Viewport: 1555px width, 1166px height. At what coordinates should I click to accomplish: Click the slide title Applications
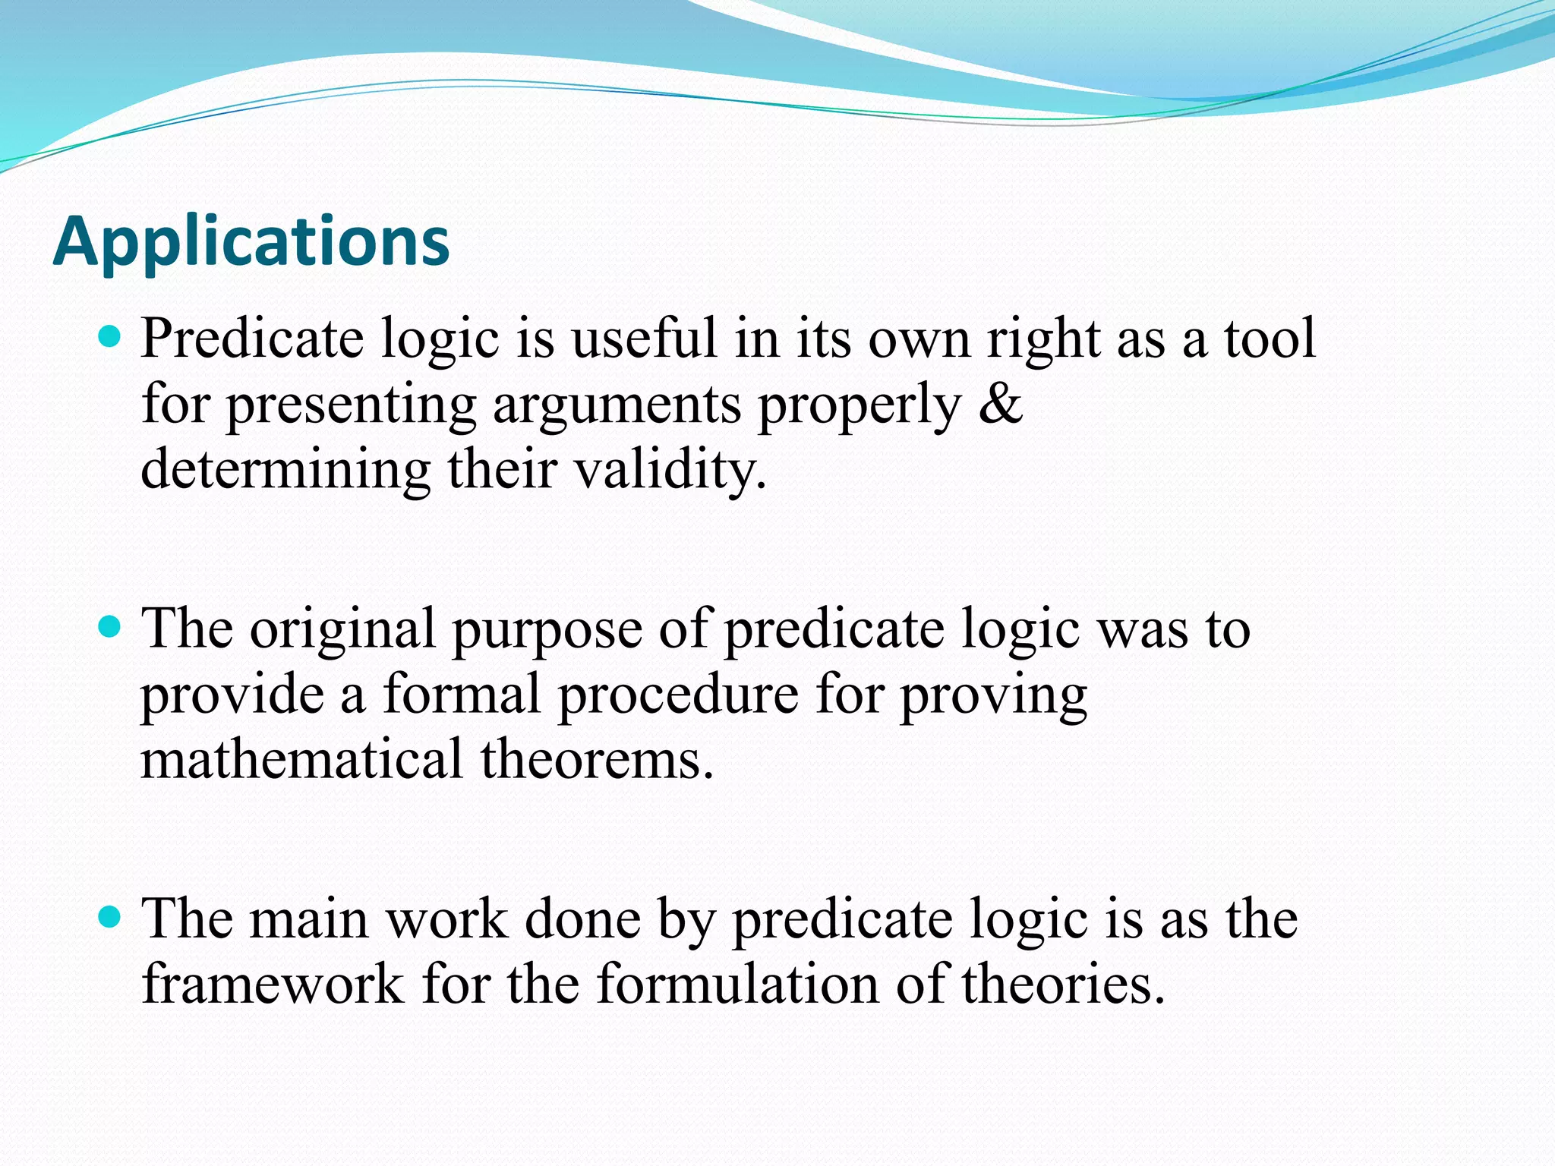pos(251,241)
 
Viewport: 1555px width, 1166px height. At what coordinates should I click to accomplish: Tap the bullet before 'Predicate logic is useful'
pos(111,335)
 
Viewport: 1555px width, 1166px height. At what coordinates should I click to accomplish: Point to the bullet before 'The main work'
pos(111,916)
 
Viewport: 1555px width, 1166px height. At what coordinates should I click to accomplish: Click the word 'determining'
pos(285,469)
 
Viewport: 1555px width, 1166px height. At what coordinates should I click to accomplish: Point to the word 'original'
pos(342,629)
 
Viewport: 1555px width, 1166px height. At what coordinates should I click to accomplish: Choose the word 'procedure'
pos(678,695)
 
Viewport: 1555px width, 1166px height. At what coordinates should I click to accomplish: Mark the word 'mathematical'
pos(301,759)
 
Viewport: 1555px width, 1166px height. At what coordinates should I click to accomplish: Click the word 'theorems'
pos(597,759)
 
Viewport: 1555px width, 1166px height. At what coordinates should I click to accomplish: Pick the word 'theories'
pos(1063,984)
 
